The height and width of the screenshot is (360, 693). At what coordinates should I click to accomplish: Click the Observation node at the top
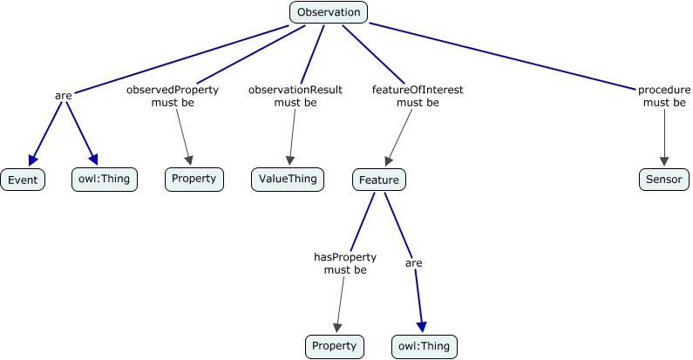328,12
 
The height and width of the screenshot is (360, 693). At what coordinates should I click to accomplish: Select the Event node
22,180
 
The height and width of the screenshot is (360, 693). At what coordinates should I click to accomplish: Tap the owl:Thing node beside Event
104,180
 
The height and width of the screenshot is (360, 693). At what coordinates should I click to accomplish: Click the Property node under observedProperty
194,180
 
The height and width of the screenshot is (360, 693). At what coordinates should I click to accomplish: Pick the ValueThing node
287,180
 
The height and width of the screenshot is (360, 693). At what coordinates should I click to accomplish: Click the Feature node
379,180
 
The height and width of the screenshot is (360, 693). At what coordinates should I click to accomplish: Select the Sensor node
663,180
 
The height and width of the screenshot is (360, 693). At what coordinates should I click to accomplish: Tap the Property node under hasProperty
334,346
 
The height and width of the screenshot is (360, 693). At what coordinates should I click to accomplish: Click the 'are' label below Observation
63,96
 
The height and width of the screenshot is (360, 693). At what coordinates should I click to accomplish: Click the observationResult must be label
296,96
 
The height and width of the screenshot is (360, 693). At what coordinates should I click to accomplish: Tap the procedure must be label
664,96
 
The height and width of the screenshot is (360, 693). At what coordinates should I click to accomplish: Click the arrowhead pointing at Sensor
664,161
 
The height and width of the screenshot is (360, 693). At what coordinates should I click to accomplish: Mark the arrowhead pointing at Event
32,160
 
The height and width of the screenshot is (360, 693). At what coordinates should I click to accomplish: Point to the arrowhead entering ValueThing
289,160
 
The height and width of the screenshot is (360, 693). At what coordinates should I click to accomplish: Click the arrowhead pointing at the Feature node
389,160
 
